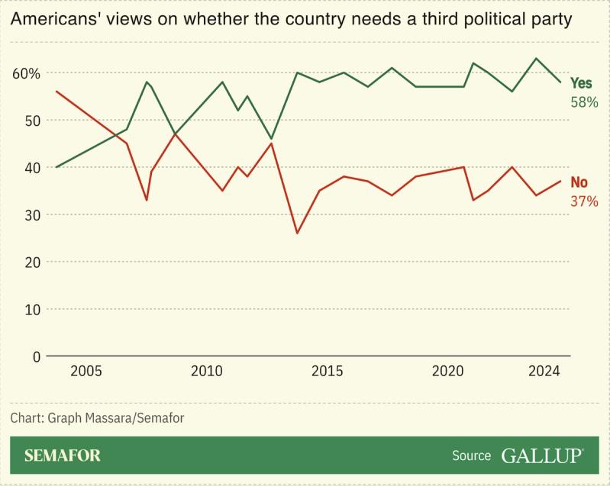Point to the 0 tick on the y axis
[x=35, y=356]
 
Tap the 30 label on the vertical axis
[x=31, y=215]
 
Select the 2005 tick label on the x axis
[x=86, y=372]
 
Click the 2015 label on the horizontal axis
[x=328, y=372]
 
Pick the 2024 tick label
[x=545, y=372]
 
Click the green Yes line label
[x=582, y=83]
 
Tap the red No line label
[x=579, y=182]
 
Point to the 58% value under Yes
[x=584, y=101]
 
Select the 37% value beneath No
[x=584, y=201]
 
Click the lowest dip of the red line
[x=297, y=233]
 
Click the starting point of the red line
[x=56, y=92]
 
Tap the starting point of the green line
[x=56, y=167]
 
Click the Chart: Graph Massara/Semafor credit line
[x=98, y=417]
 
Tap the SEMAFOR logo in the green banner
[x=63, y=455]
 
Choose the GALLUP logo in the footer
[x=543, y=455]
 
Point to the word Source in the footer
[x=471, y=455]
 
